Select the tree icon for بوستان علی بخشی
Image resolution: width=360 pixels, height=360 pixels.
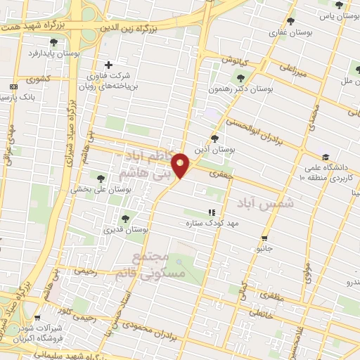point(101,178)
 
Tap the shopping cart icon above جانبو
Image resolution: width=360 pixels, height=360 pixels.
point(264,238)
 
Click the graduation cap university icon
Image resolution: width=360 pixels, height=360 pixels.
point(325,157)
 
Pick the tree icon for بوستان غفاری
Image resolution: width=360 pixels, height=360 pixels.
point(290,21)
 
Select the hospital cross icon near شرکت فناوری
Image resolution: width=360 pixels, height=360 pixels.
point(108,65)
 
